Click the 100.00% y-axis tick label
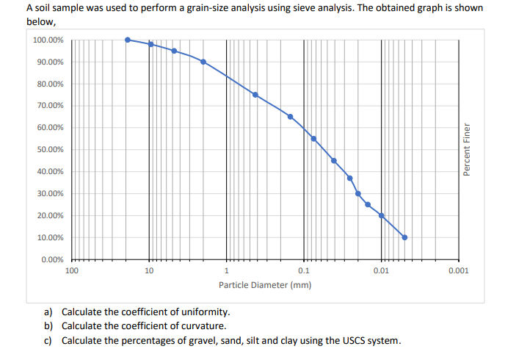tap(48, 40)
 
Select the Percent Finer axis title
tap(467, 149)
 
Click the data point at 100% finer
tap(128, 40)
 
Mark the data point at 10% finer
tap(404, 237)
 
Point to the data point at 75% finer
tap(255, 95)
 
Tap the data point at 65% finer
tap(290, 117)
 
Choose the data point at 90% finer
tap(203, 62)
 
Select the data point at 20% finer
tap(381, 215)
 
